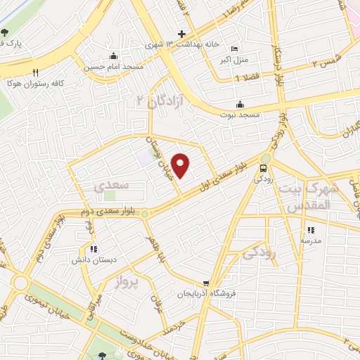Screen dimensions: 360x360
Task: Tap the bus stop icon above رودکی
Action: pyautogui.click(x=263, y=168)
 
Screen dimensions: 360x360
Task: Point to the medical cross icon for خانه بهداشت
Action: pyautogui.click(x=181, y=34)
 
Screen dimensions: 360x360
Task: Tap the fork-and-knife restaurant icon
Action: pyautogui.click(x=35, y=72)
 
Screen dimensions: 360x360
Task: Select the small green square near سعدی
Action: pyautogui.click(x=110, y=195)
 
